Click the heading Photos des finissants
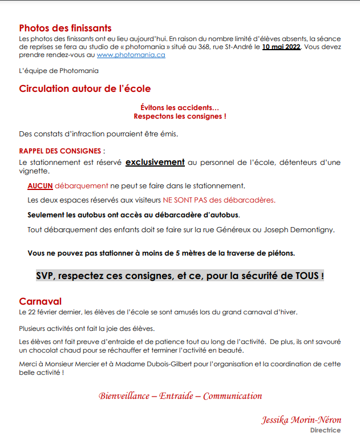coord(65,28)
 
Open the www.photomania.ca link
coord(131,55)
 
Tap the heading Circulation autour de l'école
coord(84,89)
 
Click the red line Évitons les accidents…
coord(180,107)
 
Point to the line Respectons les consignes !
coord(180,116)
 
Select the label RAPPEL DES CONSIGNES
coord(60,151)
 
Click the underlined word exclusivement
coord(155,162)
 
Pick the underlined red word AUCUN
coord(40,185)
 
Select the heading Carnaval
coord(40,301)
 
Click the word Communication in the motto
coord(233,396)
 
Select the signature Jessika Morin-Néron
coord(301,420)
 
